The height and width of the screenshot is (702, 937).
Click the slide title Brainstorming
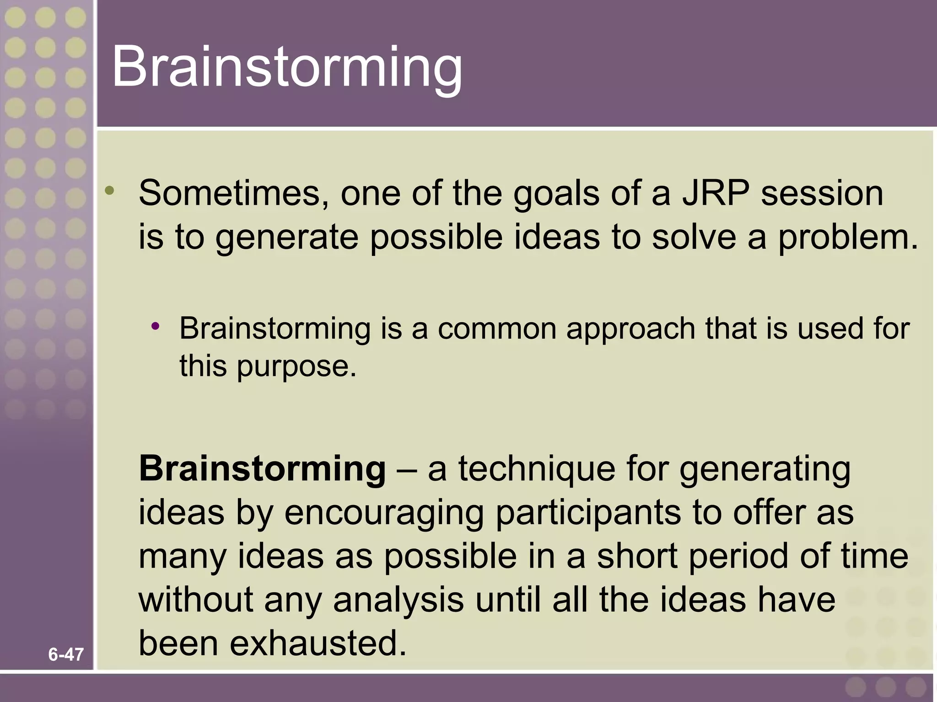tap(287, 67)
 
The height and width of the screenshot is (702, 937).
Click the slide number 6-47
tap(66, 655)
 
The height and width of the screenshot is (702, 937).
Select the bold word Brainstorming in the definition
tap(263, 469)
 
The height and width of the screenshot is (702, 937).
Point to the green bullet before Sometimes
tap(109, 191)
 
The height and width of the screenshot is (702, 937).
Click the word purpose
tap(296, 366)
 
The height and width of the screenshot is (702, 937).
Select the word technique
tap(537, 470)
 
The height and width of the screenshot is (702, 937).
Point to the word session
tap(822, 193)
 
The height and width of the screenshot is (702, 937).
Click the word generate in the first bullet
tap(286, 238)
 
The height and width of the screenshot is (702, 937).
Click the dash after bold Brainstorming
tap(407, 470)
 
